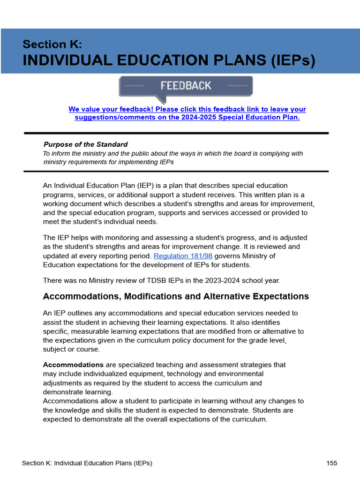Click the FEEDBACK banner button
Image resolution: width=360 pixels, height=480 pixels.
tap(186, 86)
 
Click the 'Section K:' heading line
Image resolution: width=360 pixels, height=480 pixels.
tap(52, 45)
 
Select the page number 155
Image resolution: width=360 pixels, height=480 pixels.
tap(332, 463)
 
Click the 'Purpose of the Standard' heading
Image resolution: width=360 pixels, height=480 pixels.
tap(85, 144)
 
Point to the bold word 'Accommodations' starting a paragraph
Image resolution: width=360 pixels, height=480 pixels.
tap(73, 365)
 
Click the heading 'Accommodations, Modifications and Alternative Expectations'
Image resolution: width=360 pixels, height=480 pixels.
tap(176, 296)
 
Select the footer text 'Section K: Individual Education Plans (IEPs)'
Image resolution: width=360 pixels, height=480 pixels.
tap(87, 463)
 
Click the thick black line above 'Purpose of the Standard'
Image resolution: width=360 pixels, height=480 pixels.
tap(176, 133)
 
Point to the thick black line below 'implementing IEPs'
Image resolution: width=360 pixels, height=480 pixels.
tap(176, 171)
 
